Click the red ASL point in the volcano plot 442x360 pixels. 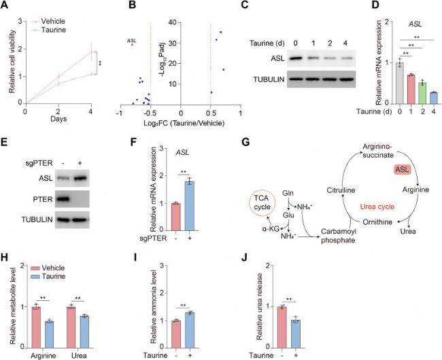(132, 44)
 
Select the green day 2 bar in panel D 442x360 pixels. (422, 93)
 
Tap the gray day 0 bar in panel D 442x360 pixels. (399, 83)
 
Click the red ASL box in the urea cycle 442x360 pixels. (403, 169)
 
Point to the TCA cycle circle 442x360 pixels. (262, 202)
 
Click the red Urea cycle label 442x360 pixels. (377, 207)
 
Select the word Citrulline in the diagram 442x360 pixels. (341, 190)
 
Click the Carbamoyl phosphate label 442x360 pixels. (338, 236)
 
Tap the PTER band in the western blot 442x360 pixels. (62, 199)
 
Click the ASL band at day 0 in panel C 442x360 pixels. (295, 58)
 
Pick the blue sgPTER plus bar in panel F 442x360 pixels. (190, 206)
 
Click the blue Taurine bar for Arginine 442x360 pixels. (50, 334)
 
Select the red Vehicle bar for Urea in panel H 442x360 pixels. (71, 327)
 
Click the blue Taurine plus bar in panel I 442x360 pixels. (190, 330)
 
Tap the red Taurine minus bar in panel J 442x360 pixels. (282, 327)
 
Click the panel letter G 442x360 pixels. (245, 143)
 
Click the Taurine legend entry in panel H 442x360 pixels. (48, 276)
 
